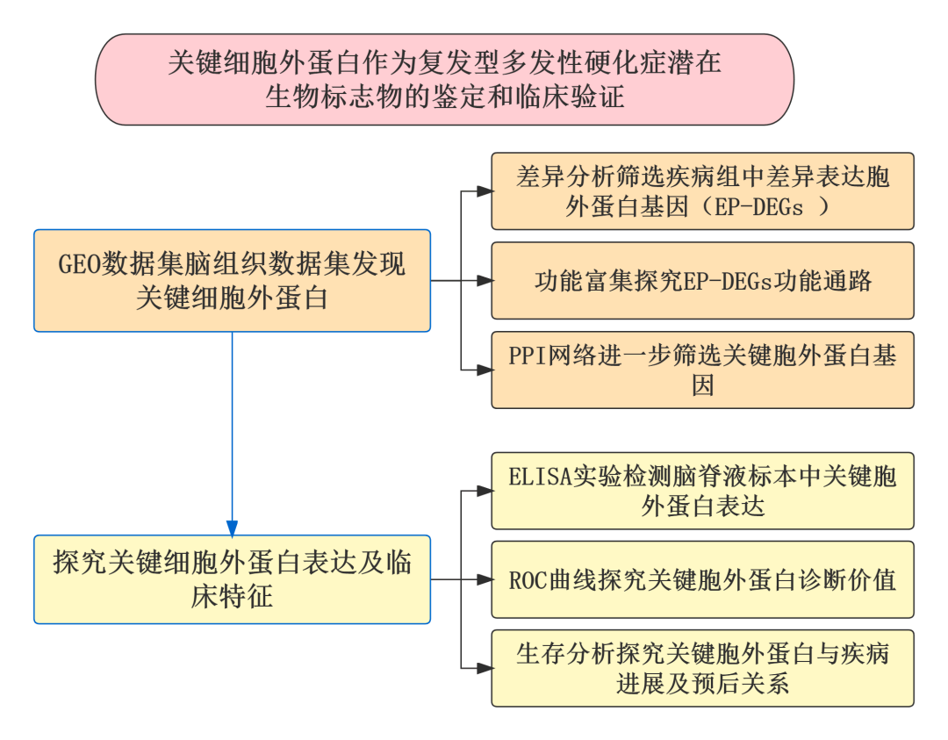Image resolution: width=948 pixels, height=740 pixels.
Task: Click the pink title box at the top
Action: pos(444,79)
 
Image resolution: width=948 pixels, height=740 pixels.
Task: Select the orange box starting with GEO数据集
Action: pos(232,281)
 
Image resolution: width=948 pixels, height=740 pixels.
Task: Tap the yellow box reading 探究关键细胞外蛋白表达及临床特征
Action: pos(232,579)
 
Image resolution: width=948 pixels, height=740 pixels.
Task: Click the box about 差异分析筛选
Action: pos(702,191)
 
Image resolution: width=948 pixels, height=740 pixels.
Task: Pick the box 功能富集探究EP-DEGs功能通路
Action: pos(702,281)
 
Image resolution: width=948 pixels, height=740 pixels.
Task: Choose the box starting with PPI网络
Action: pos(702,370)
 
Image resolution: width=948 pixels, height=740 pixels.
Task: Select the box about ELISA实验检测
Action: pos(702,491)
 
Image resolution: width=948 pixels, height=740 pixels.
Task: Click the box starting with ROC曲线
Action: pos(702,579)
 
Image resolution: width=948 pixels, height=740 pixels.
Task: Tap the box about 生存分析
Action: pos(702,668)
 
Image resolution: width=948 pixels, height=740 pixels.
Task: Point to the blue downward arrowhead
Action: pos(232,528)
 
